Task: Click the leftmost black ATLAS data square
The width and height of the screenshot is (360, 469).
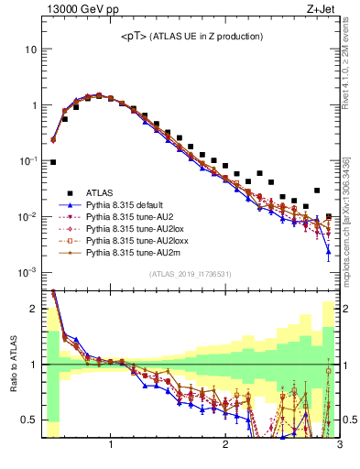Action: click(53, 162)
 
